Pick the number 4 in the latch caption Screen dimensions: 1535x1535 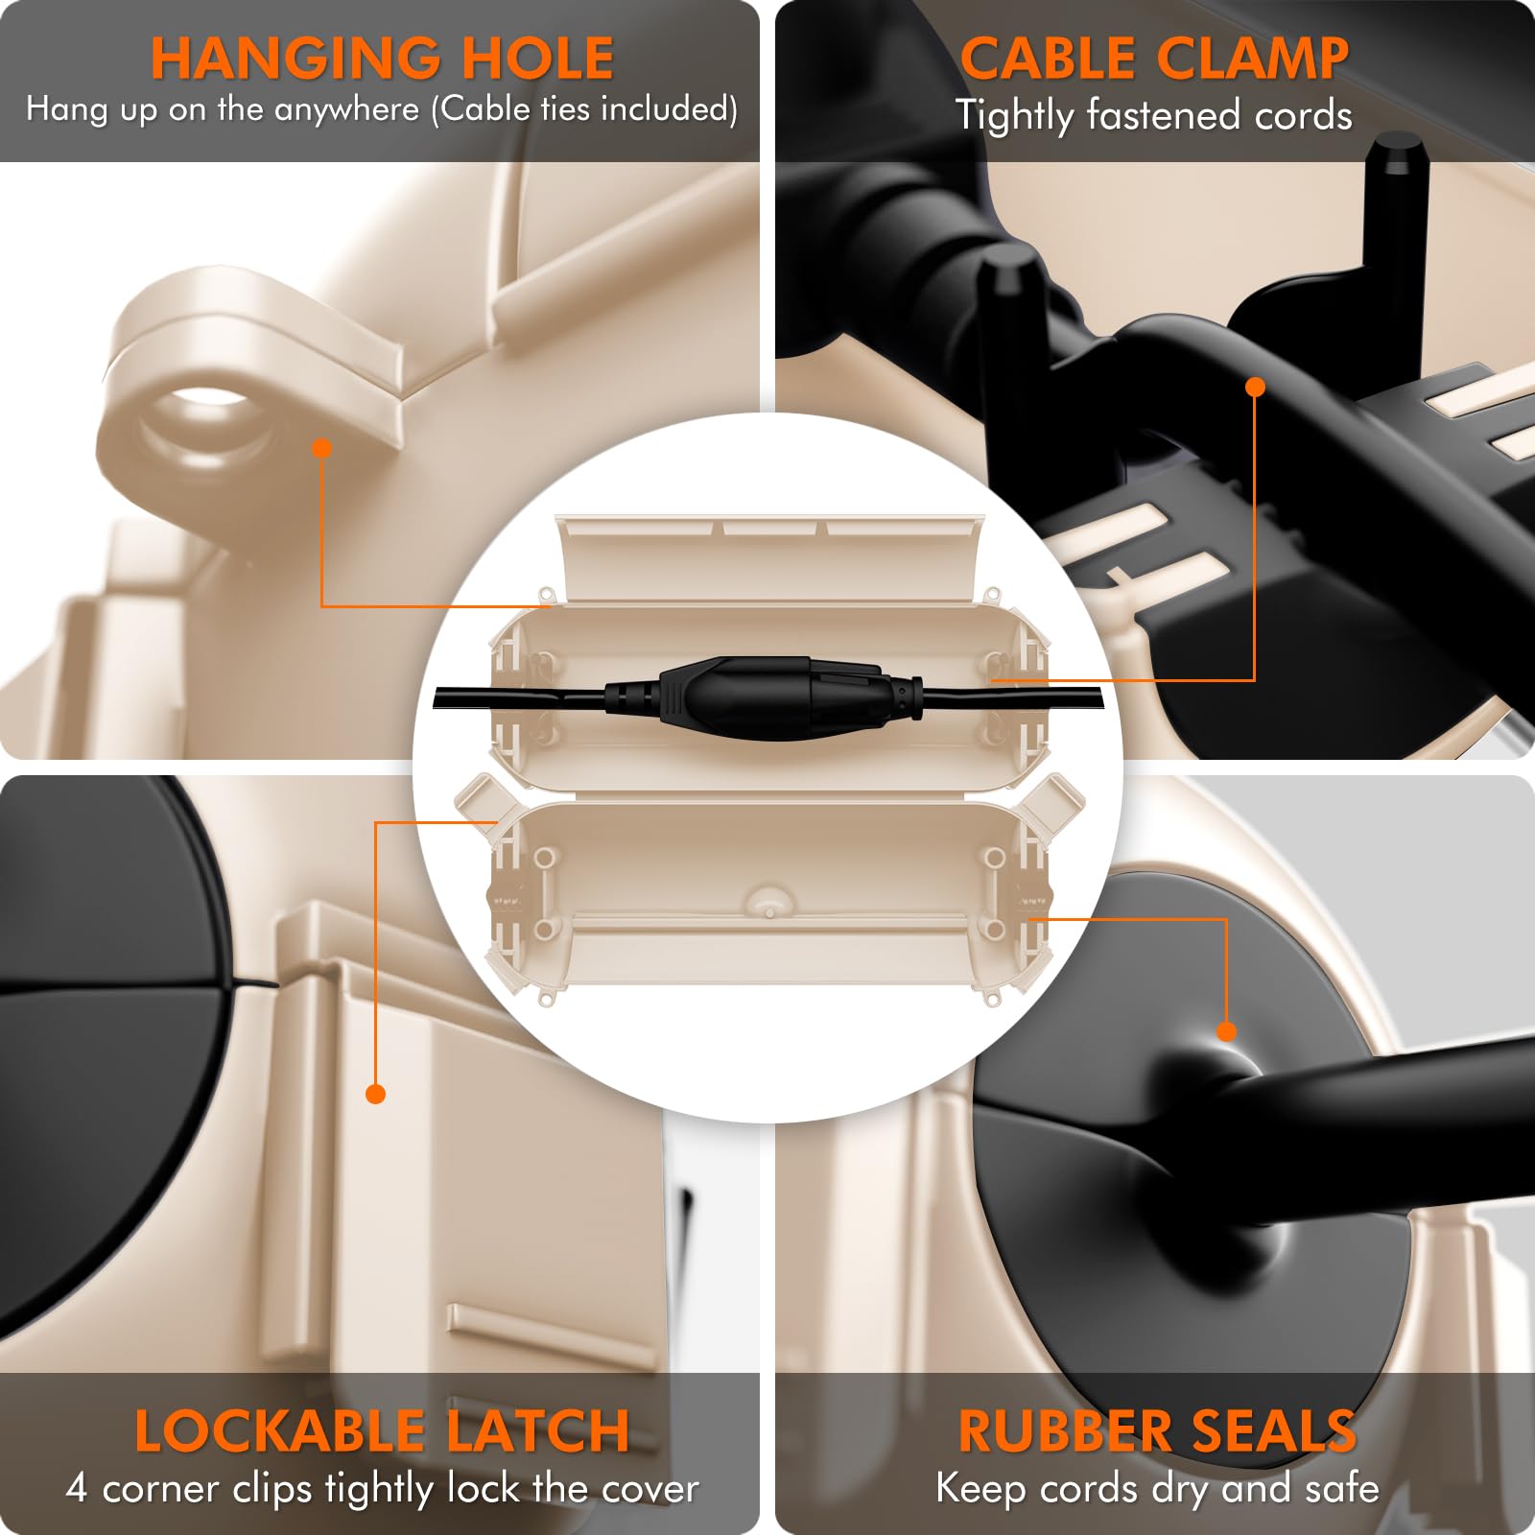77,1488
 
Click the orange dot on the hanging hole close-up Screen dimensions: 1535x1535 322,448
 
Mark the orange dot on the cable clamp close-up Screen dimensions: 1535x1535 1255,387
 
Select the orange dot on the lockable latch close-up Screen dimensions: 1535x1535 376,1094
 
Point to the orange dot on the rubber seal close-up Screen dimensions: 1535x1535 1226,1031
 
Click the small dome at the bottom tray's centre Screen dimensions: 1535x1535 767,902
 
